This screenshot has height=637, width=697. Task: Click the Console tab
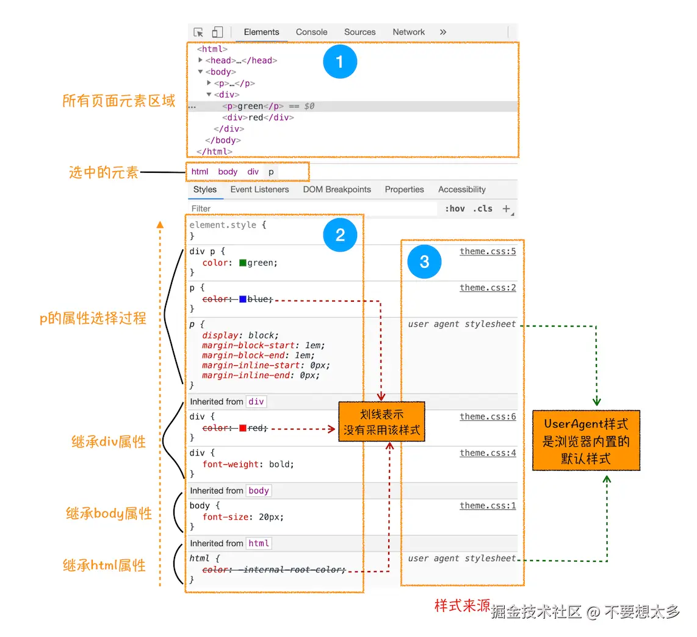(x=311, y=32)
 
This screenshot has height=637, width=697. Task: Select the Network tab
(x=408, y=32)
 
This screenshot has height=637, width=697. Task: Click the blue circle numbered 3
(x=424, y=261)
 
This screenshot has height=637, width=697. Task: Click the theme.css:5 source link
(x=488, y=252)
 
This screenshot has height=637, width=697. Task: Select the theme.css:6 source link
(x=488, y=417)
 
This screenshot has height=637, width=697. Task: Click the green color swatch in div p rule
(x=243, y=263)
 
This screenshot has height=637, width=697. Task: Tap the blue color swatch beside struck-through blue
(x=243, y=299)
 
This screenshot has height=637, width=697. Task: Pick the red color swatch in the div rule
(x=243, y=428)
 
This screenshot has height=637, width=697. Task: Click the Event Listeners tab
(x=259, y=189)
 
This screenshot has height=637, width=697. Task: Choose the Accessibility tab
(x=461, y=189)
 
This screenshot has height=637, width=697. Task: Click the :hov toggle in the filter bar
(x=455, y=208)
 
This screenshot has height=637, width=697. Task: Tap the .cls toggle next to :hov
(x=483, y=208)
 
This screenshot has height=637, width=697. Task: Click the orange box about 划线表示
(x=381, y=422)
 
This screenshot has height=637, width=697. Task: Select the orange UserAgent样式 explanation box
(x=586, y=440)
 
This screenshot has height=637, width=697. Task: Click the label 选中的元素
(x=104, y=173)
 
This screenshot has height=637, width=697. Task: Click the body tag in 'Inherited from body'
(x=259, y=490)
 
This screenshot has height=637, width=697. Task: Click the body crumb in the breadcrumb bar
(x=228, y=172)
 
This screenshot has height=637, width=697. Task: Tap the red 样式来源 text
(x=462, y=606)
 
